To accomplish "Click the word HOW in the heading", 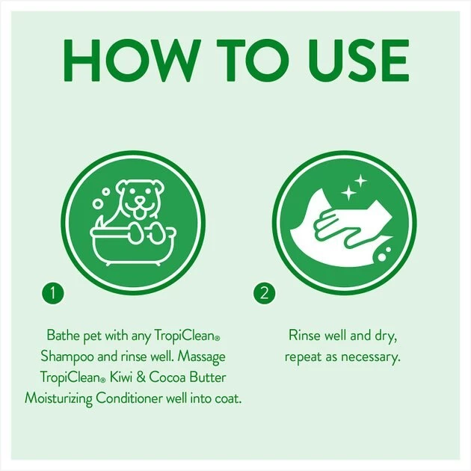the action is click(x=131, y=61).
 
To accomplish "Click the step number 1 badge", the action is click(x=53, y=292).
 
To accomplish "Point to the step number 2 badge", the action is click(x=264, y=292).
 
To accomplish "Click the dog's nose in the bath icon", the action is click(x=139, y=200).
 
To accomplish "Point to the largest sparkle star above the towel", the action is click(x=349, y=192).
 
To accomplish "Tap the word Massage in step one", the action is click(x=201, y=357).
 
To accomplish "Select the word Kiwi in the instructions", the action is click(x=121, y=378).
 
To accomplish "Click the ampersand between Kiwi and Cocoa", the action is click(x=141, y=378).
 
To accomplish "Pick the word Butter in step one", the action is click(x=207, y=378).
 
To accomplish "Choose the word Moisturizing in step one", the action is click(x=58, y=399).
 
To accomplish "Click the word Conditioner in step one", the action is click(x=129, y=398).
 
